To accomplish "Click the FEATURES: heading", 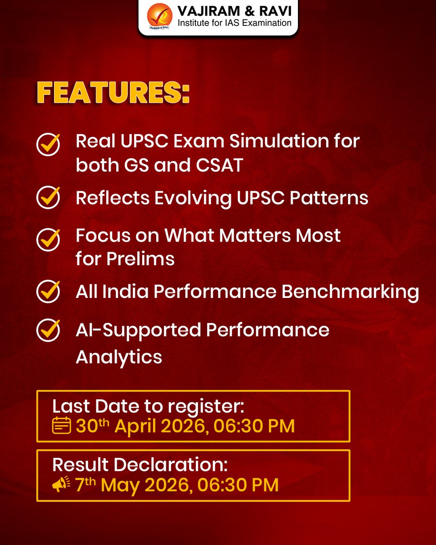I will point(113,93).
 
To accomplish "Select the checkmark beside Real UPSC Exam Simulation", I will point(48,144).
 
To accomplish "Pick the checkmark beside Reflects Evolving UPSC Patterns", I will point(48,198).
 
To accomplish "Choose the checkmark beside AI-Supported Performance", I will point(48,331).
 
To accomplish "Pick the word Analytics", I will point(119,357).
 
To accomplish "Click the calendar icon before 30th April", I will point(61,426).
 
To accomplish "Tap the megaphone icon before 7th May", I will point(61,485).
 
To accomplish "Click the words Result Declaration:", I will point(140,465).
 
